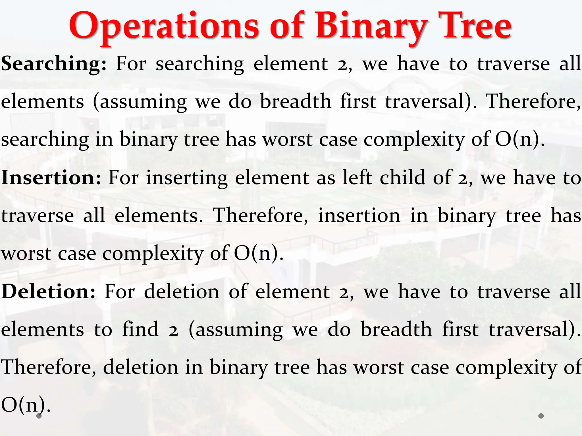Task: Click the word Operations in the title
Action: (x=164, y=27)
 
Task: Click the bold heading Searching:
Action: (x=54, y=64)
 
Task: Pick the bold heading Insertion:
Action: (x=51, y=178)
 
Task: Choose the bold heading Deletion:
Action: (x=49, y=292)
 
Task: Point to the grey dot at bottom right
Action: (x=541, y=416)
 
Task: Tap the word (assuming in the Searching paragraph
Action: (x=140, y=102)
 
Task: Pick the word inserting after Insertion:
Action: (x=187, y=178)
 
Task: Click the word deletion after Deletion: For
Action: (x=182, y=292)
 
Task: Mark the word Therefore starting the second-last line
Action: (x=49, y=367)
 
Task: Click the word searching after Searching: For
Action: (x=200, y=64)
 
